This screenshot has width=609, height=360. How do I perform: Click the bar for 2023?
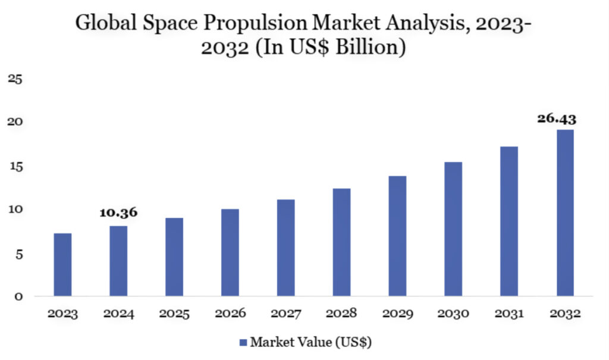(62, 265)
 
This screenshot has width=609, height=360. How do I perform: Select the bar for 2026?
(230, 252)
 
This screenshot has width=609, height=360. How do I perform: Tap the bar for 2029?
(397, 236)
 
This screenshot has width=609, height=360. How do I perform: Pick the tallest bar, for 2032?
(565, 213)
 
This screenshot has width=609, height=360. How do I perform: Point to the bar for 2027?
(285, 248)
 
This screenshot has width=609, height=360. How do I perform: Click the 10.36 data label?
(118, 213)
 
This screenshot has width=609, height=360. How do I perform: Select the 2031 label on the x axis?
(509, 314)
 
